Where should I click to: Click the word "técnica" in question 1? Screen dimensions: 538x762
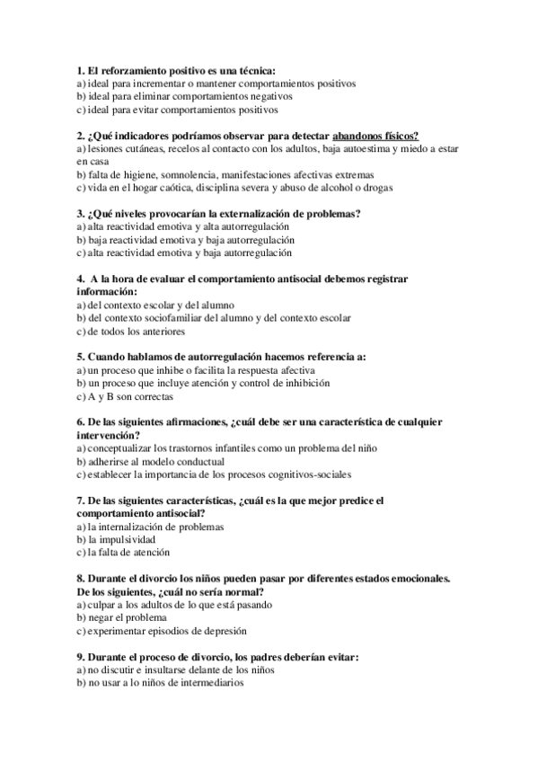tap(256, 69)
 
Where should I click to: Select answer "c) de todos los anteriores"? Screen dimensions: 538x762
tap(124, 331)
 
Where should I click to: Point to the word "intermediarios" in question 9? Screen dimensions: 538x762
tap(211, 683)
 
